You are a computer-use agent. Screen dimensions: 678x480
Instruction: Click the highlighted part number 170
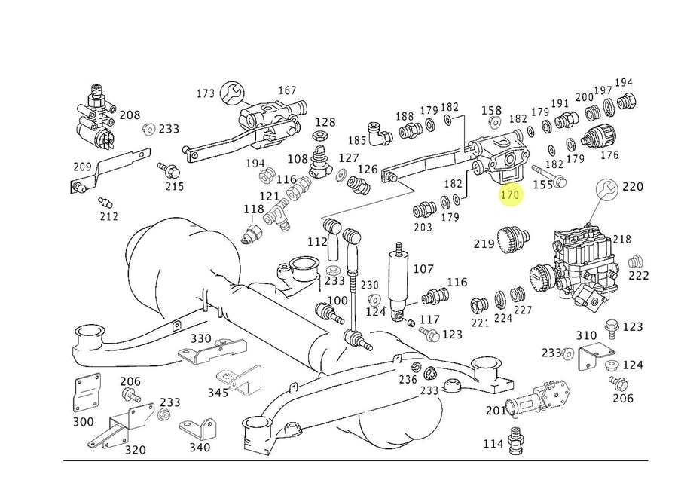[510, 195]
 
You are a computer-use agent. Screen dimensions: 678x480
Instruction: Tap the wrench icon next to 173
[232, 92]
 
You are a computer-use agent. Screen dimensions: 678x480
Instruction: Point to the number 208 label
[130, 115]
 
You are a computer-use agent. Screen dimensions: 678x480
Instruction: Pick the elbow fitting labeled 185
[379, 133]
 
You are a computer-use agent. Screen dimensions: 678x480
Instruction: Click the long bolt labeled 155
[550, 175]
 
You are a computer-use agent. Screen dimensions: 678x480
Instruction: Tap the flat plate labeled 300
[87, 393]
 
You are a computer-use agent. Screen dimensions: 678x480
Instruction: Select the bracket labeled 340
[197, 430]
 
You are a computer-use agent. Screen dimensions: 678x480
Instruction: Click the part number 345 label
[218, 393]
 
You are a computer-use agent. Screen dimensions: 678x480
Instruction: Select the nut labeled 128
[320, 136]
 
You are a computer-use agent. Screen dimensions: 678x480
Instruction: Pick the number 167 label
[287, 90]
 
